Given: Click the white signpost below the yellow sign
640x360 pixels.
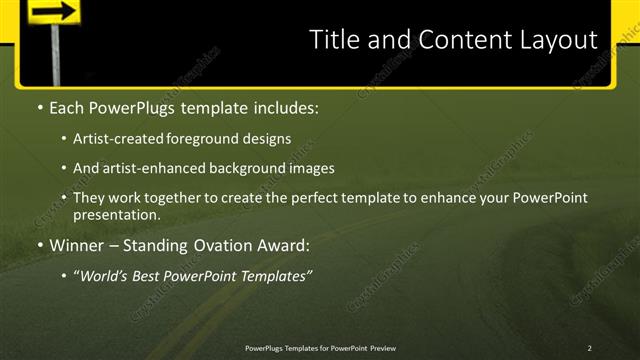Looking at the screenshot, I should (x=50, y=56).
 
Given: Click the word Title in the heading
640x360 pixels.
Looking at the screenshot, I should (x=333, y=40).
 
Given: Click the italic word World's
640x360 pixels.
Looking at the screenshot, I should (x=103, y=275).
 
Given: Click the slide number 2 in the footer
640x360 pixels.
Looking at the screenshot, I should (x=589, y=347).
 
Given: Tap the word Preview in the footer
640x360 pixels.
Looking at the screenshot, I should (x=380, y=347).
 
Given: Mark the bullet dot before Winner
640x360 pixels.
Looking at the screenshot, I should (x=39, y=245).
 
